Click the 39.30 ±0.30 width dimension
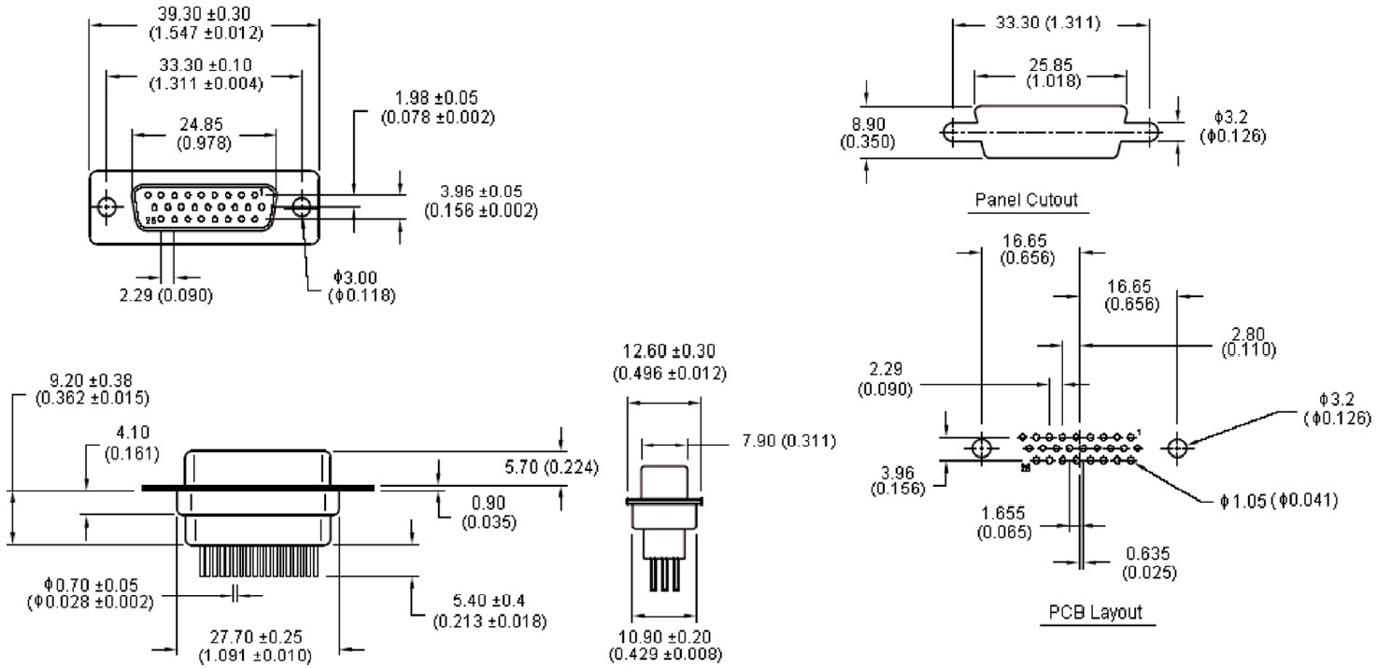point(206,23)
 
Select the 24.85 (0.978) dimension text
point(205,134)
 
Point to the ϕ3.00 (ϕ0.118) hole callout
point(363,286)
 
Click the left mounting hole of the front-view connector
point(107,206)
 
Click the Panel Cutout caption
point(1026,200)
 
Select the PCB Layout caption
point(1093,613)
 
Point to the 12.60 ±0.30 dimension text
point(669,362)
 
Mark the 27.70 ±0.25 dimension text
point(254,646)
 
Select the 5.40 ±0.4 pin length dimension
point(490,612)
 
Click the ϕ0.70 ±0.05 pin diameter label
point(90,593)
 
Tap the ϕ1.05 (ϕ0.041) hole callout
point(1277,503)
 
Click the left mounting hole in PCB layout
point(981,448)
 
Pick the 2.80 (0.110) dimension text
point(1248,341)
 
